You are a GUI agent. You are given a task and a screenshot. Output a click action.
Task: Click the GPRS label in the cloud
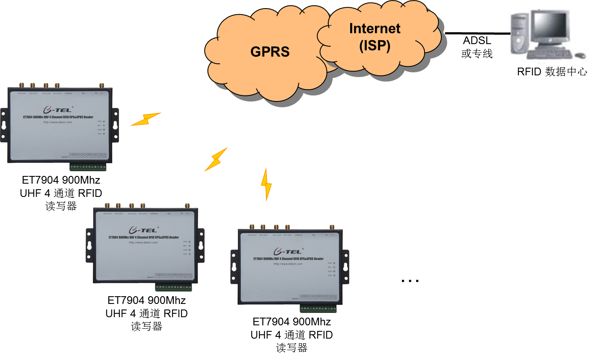[x=270, y=52]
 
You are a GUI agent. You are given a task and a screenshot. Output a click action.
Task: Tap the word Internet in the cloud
[x=375, y=29]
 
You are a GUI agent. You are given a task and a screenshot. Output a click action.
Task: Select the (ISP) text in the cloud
[x=375, y=45]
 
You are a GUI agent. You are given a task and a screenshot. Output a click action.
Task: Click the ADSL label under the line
[x=477, y=41]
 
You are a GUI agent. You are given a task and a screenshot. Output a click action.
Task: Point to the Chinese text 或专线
[x=477, y=54]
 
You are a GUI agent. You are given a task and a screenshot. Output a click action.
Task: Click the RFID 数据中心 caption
[x=552, y=71]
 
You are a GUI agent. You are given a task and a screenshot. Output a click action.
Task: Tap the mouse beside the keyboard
[x=580, y=55]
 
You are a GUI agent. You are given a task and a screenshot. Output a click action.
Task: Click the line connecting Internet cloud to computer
[x=477, y=33]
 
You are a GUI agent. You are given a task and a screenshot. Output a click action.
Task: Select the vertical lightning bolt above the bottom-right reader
[x=266, y=184]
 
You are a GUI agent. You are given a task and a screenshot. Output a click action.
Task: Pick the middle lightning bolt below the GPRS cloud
[x=216, y=159]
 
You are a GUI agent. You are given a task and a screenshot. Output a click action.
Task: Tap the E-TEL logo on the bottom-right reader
[x=288, y=251]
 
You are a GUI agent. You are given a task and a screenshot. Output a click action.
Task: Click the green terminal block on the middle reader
[x=173, y=287]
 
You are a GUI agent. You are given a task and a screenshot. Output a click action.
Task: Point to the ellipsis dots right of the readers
[x=410, y=281]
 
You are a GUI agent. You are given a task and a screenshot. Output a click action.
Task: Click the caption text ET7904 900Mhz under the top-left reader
[x=61, y=180]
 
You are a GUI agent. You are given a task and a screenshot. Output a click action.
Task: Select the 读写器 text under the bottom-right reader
[x=292, y=348]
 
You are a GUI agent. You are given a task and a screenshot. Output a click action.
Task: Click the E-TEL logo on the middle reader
[x=143, y=230]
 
